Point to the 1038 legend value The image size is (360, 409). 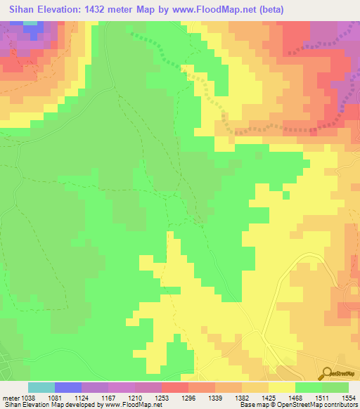(x=28, y=397)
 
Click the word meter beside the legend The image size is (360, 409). (x=10, y=397)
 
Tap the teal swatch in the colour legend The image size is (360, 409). (x=41, y=387)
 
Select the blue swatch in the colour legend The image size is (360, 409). (x=68, y=387)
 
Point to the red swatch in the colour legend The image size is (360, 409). (x=175, y=387)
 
